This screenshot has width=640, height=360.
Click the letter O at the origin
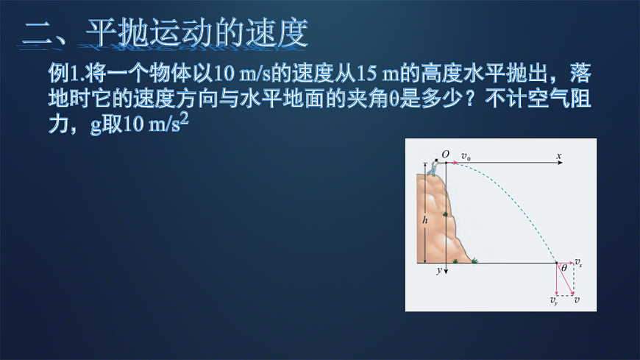pos(445,154)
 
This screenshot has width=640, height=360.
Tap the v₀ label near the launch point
pos(466,156)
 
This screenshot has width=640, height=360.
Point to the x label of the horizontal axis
pos(559,156)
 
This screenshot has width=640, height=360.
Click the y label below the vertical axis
pos(438,271)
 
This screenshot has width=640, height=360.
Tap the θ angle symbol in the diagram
pos(564,269)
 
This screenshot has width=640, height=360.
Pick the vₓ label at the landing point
pos(579,263)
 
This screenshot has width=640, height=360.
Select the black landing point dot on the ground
pos(556,262)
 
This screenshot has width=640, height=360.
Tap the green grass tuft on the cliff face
pos(447,214)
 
